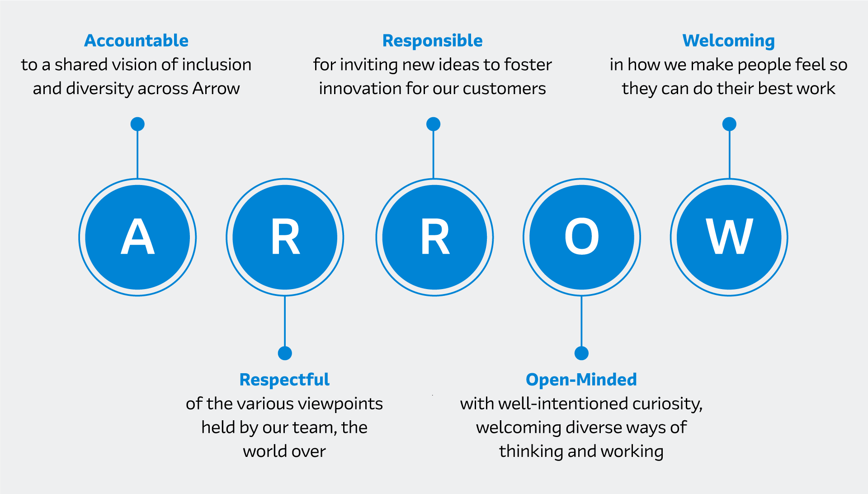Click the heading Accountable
pyautogui.click(x=136, y=41)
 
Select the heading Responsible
pyautogui.click(x=433, y=41)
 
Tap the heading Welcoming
pyautogui.click(x=729, y=41)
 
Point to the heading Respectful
pyautogui.click(x=284, y=380)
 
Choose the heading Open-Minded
pyautogui.click(x=581, y=380)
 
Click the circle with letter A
pyautogui.click(x=138, y=237)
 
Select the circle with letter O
pyautogui.click(x=582, y=237)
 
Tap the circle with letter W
pyautogui.click(x=729, y=237)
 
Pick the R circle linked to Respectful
pyautogui.click(x=285, y=237)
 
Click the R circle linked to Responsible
pyautogui.click(x=434, y=237)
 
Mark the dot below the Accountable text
pyautogui.click(x=137, y=124)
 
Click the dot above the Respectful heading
pyautogui.click(x=285, y=353)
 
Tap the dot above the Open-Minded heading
pyautogui.click(x=581, y=353)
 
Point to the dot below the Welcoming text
pyautogui.click(x=729, y=124)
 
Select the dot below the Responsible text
pyautogui.click(x=434, y=124)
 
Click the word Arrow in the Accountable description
pyautogui.click(x=216, y=89)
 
